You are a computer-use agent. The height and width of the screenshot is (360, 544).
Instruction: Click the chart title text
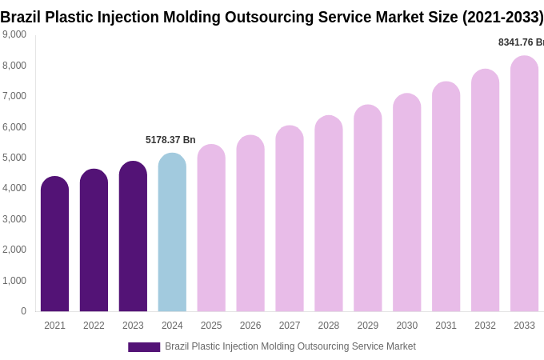[x=272, y=17]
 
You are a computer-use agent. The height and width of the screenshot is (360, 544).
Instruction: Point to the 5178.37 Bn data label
[x=170, y=140]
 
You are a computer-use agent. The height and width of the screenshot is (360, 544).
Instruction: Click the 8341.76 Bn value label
[x=521, y=42]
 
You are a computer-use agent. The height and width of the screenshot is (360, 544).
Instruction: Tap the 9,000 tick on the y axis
[x=14, y=34]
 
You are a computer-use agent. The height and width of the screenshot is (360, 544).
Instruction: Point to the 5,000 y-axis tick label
[x=14, y=158]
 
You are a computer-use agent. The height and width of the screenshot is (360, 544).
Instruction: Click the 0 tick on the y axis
[x=23, y=311]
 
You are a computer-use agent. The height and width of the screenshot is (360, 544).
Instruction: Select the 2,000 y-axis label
[x=14, y=250]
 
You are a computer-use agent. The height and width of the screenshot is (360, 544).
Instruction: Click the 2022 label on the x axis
[x=94, y=326]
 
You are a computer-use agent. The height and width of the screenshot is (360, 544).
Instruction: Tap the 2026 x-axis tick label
[x=250, y=326]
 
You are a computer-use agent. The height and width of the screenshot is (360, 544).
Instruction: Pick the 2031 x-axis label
[x=446, y=326]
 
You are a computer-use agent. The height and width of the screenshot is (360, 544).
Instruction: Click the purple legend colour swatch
[x=144, y=347]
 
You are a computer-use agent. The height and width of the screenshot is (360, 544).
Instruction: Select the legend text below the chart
[x=290, y=346]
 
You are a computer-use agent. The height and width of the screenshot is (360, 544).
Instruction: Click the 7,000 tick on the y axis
[x=14, y=96]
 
